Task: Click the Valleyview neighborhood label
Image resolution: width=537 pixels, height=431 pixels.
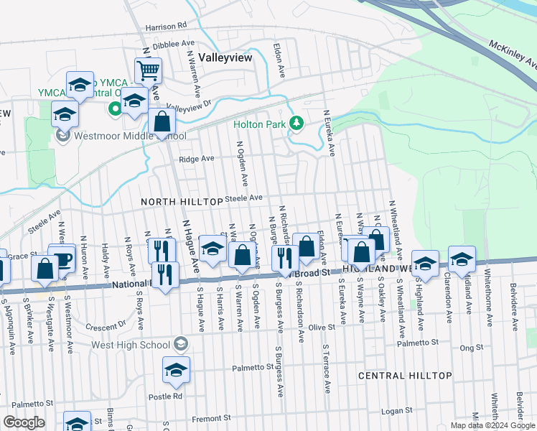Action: pyautogui.click(x=225, y=58)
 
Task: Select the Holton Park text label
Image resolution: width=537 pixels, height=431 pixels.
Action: pyautogui.click(x=258, y=124)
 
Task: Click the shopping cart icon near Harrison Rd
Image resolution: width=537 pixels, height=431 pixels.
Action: pyautogui.click(x=149, y=71)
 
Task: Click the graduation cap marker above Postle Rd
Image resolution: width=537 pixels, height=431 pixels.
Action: pyautogui.click(x=176, y=371)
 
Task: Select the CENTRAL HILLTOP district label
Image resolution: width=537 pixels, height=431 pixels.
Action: pyautogui.click(x=405, y=376)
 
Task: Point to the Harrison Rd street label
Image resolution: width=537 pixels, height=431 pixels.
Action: pyautogui.click(x=165, y=27)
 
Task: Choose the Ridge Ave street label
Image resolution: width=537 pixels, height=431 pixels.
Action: pyautogui.click(x=197, y=159)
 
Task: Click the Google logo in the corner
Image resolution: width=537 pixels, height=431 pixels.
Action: pyautogui.click(x=24, y=422)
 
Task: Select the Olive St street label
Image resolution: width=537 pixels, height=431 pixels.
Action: pyautogui.click(x=322, y=328)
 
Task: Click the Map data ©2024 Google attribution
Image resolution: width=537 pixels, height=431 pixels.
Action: pyautogui.click(x=492, y=425)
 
